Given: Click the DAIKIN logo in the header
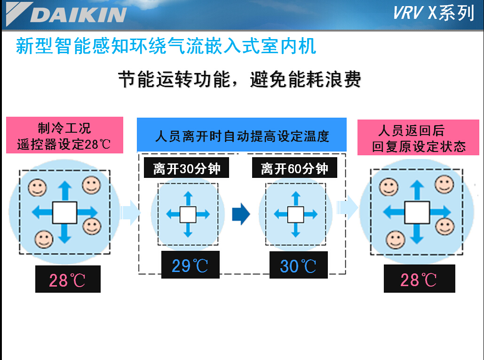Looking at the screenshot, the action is coord(66,14).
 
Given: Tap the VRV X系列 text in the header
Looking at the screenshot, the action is coord(433,13).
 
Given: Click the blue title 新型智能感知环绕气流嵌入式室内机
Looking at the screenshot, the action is coord(166,46).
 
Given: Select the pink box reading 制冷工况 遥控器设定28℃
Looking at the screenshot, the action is coord(64,135).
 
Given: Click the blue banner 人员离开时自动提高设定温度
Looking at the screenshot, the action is coord(242,135).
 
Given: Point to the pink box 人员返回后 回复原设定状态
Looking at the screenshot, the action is coord(418,137).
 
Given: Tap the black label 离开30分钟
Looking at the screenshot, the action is coord(186,168).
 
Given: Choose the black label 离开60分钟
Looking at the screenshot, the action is coord(294,168).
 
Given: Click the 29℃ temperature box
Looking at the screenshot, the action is coord(190,265).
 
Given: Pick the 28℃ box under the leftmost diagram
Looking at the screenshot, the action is coord(68,279).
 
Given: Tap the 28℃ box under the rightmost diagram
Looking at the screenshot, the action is coord(419,279).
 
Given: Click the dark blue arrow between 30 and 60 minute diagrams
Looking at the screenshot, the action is coord(241,214).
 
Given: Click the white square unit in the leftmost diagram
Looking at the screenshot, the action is coord(64,212).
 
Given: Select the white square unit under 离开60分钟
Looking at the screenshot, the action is coord(296,215).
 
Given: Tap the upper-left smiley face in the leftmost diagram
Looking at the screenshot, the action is coord(37,187).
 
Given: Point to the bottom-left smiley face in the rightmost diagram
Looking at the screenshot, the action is coord(396,240).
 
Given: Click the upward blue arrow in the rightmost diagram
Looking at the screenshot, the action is coord(417,190).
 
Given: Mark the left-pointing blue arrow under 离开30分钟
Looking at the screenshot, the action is coord(173,214).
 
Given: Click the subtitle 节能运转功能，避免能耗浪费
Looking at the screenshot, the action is coord(239,80).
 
